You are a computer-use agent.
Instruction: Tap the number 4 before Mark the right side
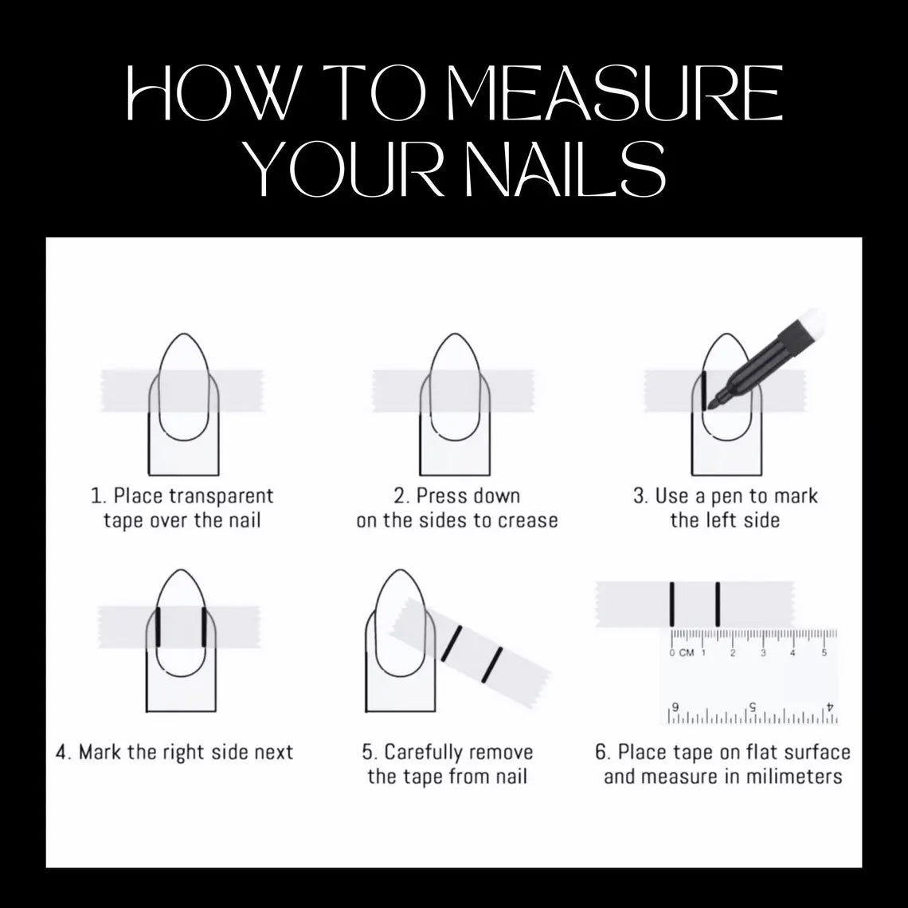61,753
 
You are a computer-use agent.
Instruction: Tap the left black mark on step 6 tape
673,605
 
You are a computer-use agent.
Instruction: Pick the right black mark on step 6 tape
718,605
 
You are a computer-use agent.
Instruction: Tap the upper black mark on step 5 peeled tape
453,643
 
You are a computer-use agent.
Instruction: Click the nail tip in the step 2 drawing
455,337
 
